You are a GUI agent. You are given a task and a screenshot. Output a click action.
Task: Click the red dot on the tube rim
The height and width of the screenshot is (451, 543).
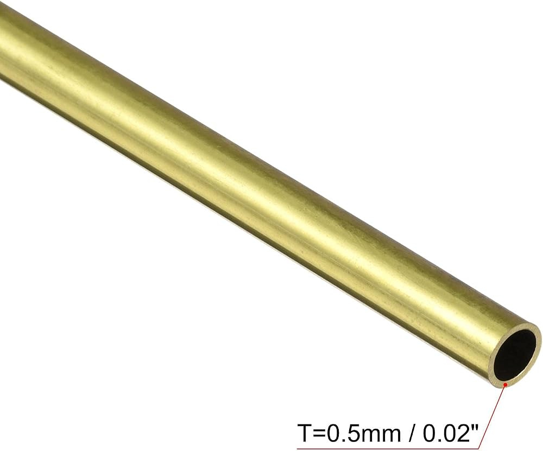tap(506, 384)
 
